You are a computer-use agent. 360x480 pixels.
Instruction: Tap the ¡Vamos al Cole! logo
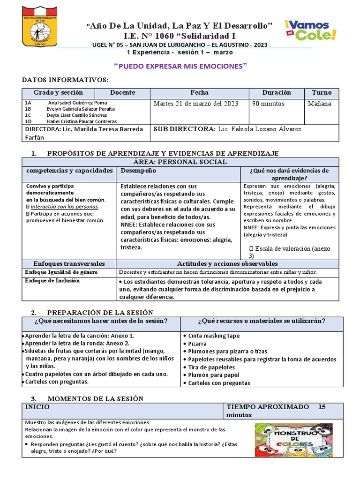(310, 30)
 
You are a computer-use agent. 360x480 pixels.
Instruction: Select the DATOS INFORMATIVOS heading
(65, 80)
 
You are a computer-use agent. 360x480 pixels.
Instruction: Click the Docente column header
(122, 93)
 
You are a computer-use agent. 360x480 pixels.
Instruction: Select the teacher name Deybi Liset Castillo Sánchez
(76, 115)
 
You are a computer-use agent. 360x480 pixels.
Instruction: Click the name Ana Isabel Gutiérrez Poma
(77, 103)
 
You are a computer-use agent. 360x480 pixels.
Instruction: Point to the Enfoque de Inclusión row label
(52, 281)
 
